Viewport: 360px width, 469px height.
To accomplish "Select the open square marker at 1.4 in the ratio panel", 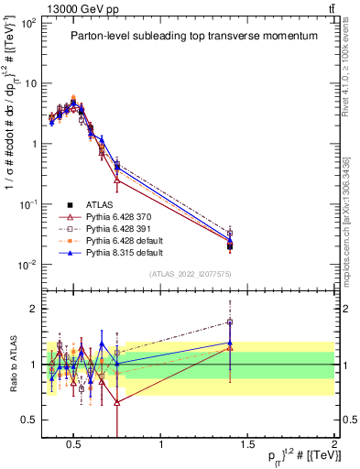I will (230, 322).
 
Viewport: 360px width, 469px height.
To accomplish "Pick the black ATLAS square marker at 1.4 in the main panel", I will (230, 246).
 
